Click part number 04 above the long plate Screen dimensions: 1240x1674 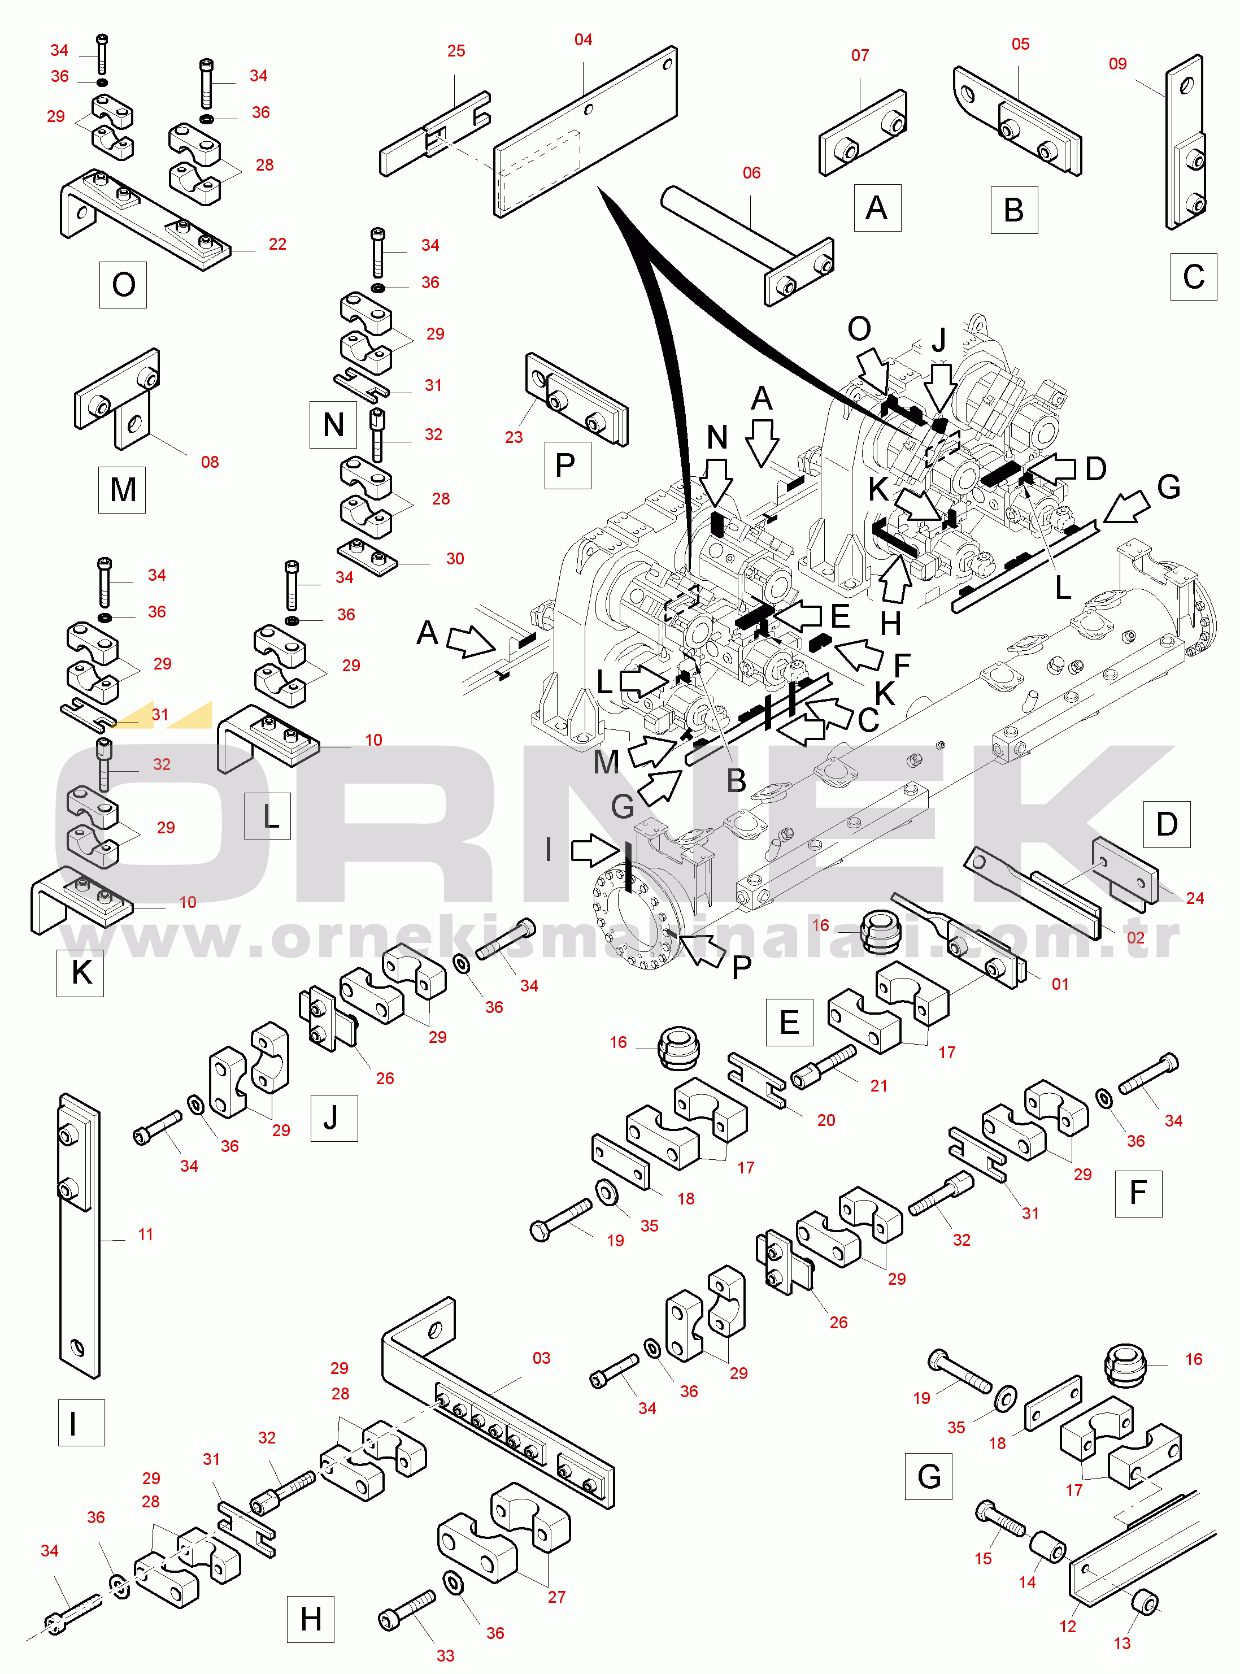pos(583,40)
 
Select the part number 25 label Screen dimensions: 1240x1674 pos(456,51)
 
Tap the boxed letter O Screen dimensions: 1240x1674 pos(123,285)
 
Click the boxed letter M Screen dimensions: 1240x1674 pos(123,489)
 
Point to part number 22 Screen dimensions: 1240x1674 pos(278,244)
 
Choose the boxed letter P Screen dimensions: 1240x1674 pos(567,466)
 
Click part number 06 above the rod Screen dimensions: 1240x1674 pos(751,173)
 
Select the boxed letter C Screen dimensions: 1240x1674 pos(1194,277)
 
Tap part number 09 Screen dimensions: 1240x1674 pos(1117,64)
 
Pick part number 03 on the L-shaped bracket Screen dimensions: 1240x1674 pos(541,1358)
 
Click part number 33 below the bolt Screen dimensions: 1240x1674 pos(446,1655)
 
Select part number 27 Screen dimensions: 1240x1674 pos(556,1597)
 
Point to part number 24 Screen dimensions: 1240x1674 pos(1195,898)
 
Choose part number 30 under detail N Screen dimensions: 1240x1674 pos(455,559)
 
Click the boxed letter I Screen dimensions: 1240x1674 pos(81,1423)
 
